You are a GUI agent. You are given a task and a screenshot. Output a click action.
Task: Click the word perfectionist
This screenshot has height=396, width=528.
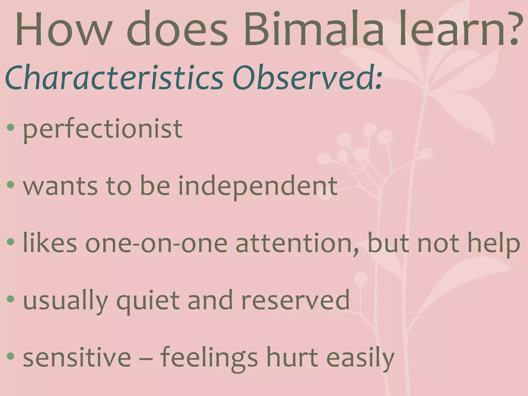point(103,129)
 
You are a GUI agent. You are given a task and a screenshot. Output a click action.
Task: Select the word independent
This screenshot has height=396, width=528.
point(258,186)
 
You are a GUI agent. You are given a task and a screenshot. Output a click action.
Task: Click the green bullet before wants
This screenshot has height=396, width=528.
point(11,184)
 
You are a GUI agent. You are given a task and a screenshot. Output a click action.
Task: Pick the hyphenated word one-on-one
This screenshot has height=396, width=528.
point(156,244)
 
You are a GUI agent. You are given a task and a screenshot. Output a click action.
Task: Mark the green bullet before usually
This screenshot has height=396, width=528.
point(11,299)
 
